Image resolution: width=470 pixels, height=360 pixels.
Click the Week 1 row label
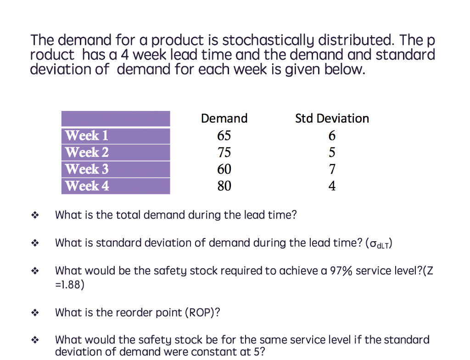pos(87,136)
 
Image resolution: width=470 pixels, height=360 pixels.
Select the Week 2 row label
pos(87,152)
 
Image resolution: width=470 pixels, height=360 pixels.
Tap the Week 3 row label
pos(87,169)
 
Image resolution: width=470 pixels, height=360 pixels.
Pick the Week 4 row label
pos(87,186)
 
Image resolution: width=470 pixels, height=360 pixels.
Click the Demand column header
pos(224,118)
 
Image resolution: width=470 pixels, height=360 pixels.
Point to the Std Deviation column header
pos(332,118)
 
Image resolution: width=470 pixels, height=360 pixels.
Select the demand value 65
pos(224,136)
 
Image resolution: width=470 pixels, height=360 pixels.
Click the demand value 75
pos(224,152)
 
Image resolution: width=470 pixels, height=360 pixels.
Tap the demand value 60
pos(224,169)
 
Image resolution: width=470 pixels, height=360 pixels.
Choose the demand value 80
pos(224,186)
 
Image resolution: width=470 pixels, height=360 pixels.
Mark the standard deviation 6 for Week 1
pos(332,136)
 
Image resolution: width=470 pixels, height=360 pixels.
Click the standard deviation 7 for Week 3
pos(332,169)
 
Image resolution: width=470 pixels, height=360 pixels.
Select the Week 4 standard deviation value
pos(332,186)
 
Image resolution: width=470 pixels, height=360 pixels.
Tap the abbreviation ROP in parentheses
pos(202,313)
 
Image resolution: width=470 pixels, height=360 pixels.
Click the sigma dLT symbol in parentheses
pos(379,244)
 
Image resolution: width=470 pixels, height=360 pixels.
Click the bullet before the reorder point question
pos(35,313)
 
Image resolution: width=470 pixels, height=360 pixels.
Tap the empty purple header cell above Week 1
pos(116,119)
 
